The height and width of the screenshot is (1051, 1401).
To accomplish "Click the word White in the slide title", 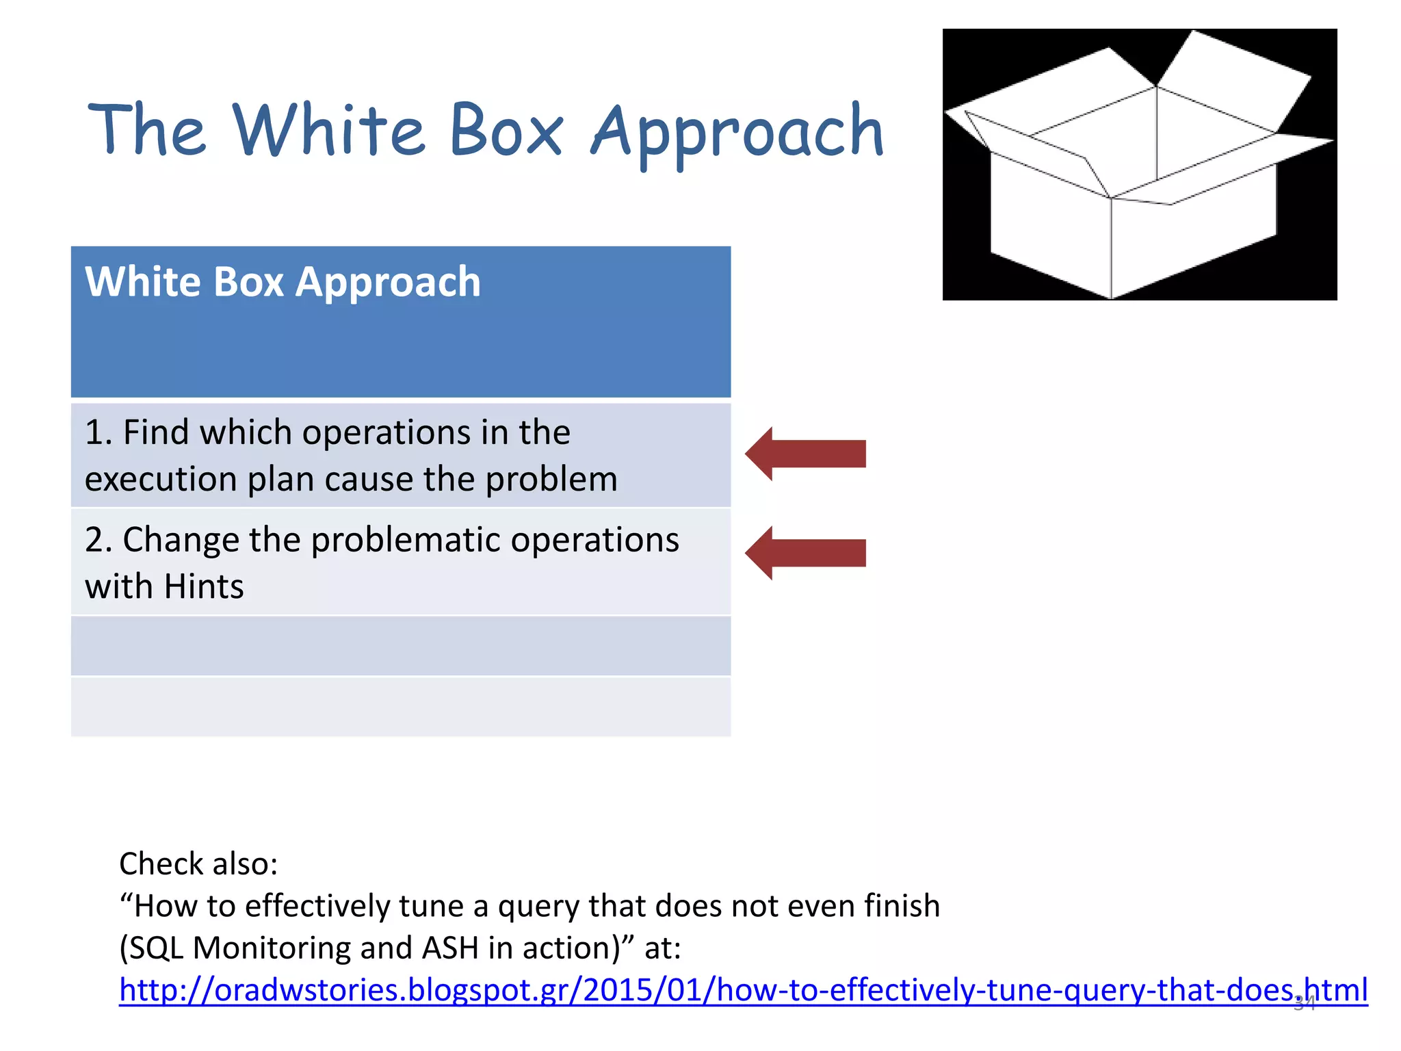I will [x=329, y=130].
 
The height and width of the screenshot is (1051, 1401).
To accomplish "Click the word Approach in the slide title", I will [x=737, y=133].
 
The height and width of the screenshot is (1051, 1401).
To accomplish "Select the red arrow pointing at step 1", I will [x=806, y=454].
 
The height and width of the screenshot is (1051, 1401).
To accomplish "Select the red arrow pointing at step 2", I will [x=806, y=553].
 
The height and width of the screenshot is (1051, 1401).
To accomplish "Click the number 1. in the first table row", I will [x=99, y=433].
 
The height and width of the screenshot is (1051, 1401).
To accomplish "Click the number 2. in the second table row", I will [x=99, y=541].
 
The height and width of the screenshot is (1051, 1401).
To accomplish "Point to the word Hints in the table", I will [x=204, y=587].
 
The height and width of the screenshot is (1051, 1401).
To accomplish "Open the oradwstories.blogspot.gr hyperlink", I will [x=742, y=990].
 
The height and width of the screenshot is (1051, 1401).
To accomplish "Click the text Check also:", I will [x=198, y=864].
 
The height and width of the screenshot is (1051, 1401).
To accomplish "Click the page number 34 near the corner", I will [x=1305, y=1004].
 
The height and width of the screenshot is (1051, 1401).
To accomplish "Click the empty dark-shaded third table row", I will [x=401, y=646].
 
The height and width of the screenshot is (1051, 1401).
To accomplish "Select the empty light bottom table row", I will [x=401, y=707].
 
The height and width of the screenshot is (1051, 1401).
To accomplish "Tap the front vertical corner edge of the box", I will [x=1111, y=246].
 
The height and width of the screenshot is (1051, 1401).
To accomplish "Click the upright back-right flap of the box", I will [x=1231, y=82].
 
